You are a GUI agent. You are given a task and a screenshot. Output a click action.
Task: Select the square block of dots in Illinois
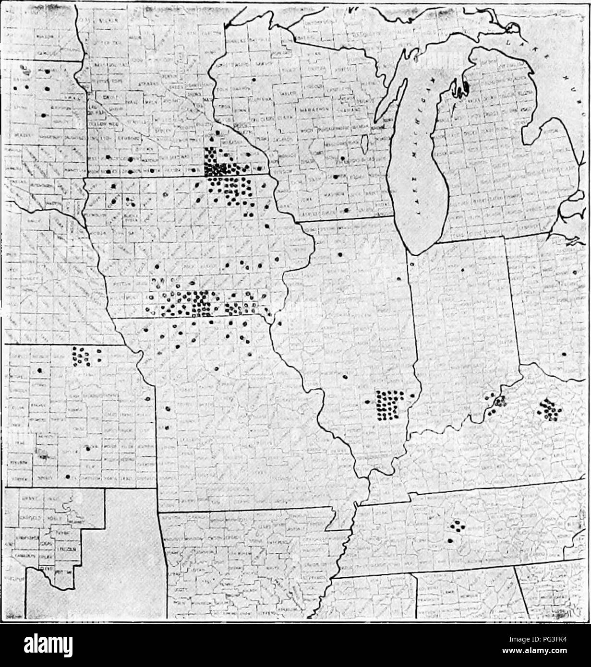[x=389, y=405]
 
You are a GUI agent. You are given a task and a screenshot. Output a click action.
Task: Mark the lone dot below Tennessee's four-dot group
[x=450, y=541]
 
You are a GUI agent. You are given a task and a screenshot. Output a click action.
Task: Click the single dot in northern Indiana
[x=462, y=270]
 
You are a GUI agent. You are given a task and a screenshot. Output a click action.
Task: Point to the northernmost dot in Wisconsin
[x=253, y=79]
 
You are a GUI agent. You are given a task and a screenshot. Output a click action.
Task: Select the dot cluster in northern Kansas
[x=80, y=355]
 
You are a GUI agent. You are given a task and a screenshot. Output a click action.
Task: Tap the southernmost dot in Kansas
[x=68, y=476]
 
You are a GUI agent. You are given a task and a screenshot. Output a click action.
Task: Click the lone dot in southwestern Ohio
[x=564, y=354]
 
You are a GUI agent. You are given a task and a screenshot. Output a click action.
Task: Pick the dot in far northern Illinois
[x=340, y=255]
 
